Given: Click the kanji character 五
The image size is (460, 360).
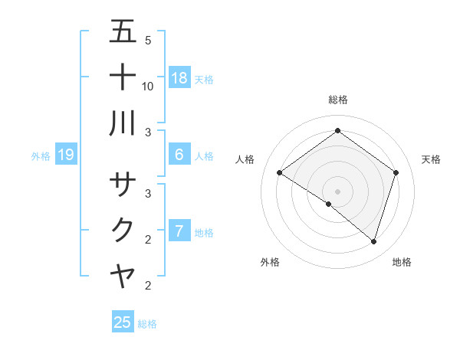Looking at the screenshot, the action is click(x=123, y=32).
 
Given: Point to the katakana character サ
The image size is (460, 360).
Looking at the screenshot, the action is click(x=123, y=185).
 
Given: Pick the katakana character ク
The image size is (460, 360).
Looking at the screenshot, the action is click(x=123, y=230).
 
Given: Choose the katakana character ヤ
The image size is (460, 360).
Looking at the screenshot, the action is click(x=123, y=276).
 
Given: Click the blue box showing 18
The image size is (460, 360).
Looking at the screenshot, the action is click(x=179, y=78).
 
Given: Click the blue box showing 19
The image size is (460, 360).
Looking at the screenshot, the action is click(x=66, y=155).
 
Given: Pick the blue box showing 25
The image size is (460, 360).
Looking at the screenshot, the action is click(x=123, y=322).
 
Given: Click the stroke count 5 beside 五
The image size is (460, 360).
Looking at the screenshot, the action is click(x=148, y=40).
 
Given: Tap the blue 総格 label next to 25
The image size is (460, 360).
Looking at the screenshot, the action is click(x=147, y=324).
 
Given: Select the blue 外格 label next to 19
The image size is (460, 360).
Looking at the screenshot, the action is click(x=41, y=156).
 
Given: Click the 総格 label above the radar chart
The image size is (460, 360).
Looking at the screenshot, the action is click(x=338, y=100).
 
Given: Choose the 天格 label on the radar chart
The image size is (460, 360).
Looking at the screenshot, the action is click(x=431, y=159).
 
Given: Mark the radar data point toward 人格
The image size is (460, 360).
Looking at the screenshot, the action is click(x=280, y=173).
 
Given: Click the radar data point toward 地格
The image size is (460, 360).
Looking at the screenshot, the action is click(x=373, y=241).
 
